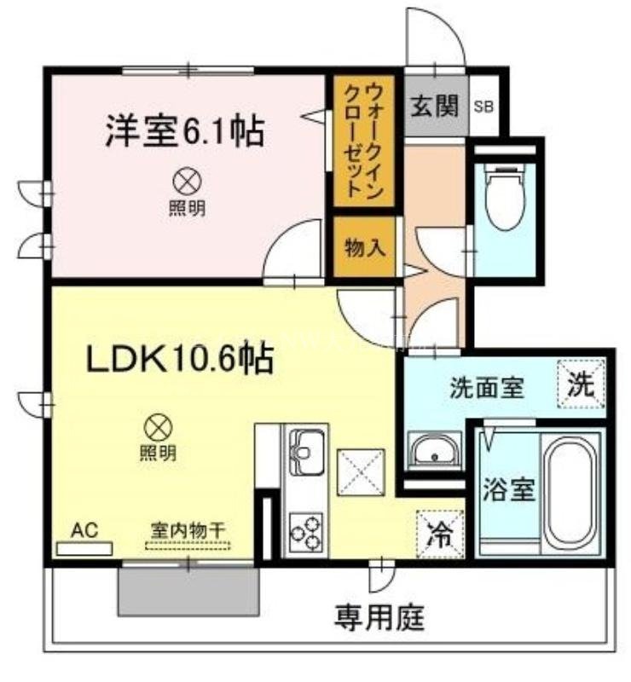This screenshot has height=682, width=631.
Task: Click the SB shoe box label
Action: pyautogui.click(x=483, y=107)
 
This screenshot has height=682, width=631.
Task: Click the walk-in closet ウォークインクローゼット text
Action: pyautogui.click(x=363, y=142)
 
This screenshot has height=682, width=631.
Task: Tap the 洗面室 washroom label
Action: pyautogui.click(x=486, y=388)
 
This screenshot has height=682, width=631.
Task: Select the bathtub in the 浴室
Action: pyautogui.click(x=572, y=492)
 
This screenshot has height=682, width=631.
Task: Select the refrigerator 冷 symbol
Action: pyautogui.click(x=440, y=535)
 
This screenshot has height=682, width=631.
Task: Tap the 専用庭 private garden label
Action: pyautogui.click(x=379, y=616)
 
